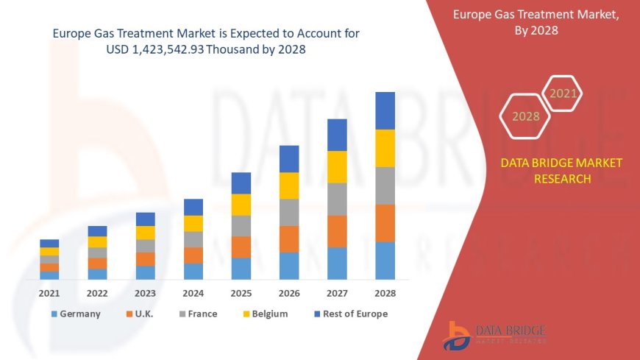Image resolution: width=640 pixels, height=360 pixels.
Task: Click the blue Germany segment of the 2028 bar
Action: coord(385,261)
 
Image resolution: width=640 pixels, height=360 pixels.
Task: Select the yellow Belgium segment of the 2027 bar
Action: coord(337,166)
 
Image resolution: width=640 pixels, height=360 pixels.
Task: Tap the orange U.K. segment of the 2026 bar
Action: coord(289,239)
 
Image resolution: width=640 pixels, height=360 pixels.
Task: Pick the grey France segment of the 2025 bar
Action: coord(241,225)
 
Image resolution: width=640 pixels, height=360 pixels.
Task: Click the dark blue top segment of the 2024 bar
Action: coord(193,207)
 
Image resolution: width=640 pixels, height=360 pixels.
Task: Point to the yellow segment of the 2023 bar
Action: coord(146,233)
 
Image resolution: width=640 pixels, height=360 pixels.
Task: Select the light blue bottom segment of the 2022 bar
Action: coord(97,274)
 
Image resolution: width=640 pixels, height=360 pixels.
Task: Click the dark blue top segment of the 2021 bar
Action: coord(49,243)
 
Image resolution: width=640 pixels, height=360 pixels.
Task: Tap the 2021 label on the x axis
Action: coord(49,293)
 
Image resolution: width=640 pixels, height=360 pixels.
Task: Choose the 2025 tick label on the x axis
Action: coord(241,293)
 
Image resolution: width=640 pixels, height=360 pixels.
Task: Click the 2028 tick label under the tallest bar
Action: coord(385,293)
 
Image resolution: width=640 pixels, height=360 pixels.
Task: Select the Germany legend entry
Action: coord(76,314)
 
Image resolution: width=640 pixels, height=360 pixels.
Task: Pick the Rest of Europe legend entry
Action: coord(351,314)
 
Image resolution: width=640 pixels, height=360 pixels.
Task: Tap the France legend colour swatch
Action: coord(182,314)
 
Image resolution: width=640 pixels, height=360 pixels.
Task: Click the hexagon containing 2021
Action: coord(563,93)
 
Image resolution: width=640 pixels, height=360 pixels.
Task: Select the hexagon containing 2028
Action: coord(526,116)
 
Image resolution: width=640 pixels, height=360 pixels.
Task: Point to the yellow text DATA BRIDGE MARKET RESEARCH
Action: coord(561,171)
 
